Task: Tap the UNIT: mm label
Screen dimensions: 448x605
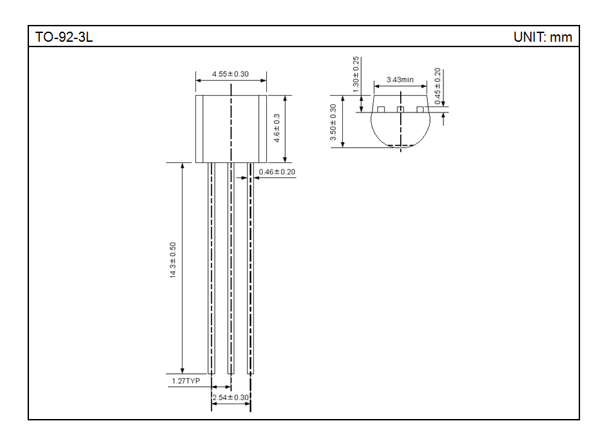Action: pyautogui.click(x=542, y=37)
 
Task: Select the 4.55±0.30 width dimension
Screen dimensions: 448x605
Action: pyautogui.click(x=230, y=73)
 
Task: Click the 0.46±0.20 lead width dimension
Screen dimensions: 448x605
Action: pyautogui.click(x=277, y=172)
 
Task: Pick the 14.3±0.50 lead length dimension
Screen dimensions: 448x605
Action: pyautogui.click(x=172, y=260)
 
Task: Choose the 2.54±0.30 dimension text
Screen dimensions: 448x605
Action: pyautogui.click(x=230, y=397)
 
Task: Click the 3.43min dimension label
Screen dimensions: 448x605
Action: pyautogui.click(x=400, y=79)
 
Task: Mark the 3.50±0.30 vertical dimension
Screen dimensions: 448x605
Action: pyautogui.click(x=333, y=122)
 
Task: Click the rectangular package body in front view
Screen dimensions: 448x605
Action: pyautogui.click(x=230, y=129)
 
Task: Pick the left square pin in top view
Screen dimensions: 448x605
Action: pyautogui.click(x=381, y=109)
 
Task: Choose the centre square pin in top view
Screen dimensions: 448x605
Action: pyautogui.click(x=400, y=109)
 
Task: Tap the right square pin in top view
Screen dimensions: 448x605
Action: pyautogui.click(x=420, y=109)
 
